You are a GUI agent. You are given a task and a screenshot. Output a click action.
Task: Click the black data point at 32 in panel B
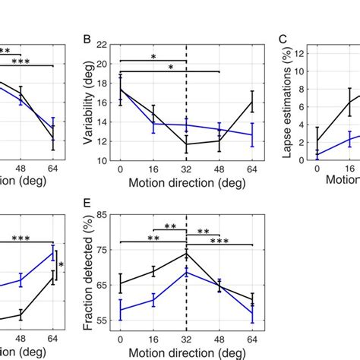[x=186, y=144]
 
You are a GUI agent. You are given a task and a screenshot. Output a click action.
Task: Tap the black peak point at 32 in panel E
[x=186, y=254]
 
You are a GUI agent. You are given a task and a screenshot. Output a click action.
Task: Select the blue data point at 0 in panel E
[x=120, y=309]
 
